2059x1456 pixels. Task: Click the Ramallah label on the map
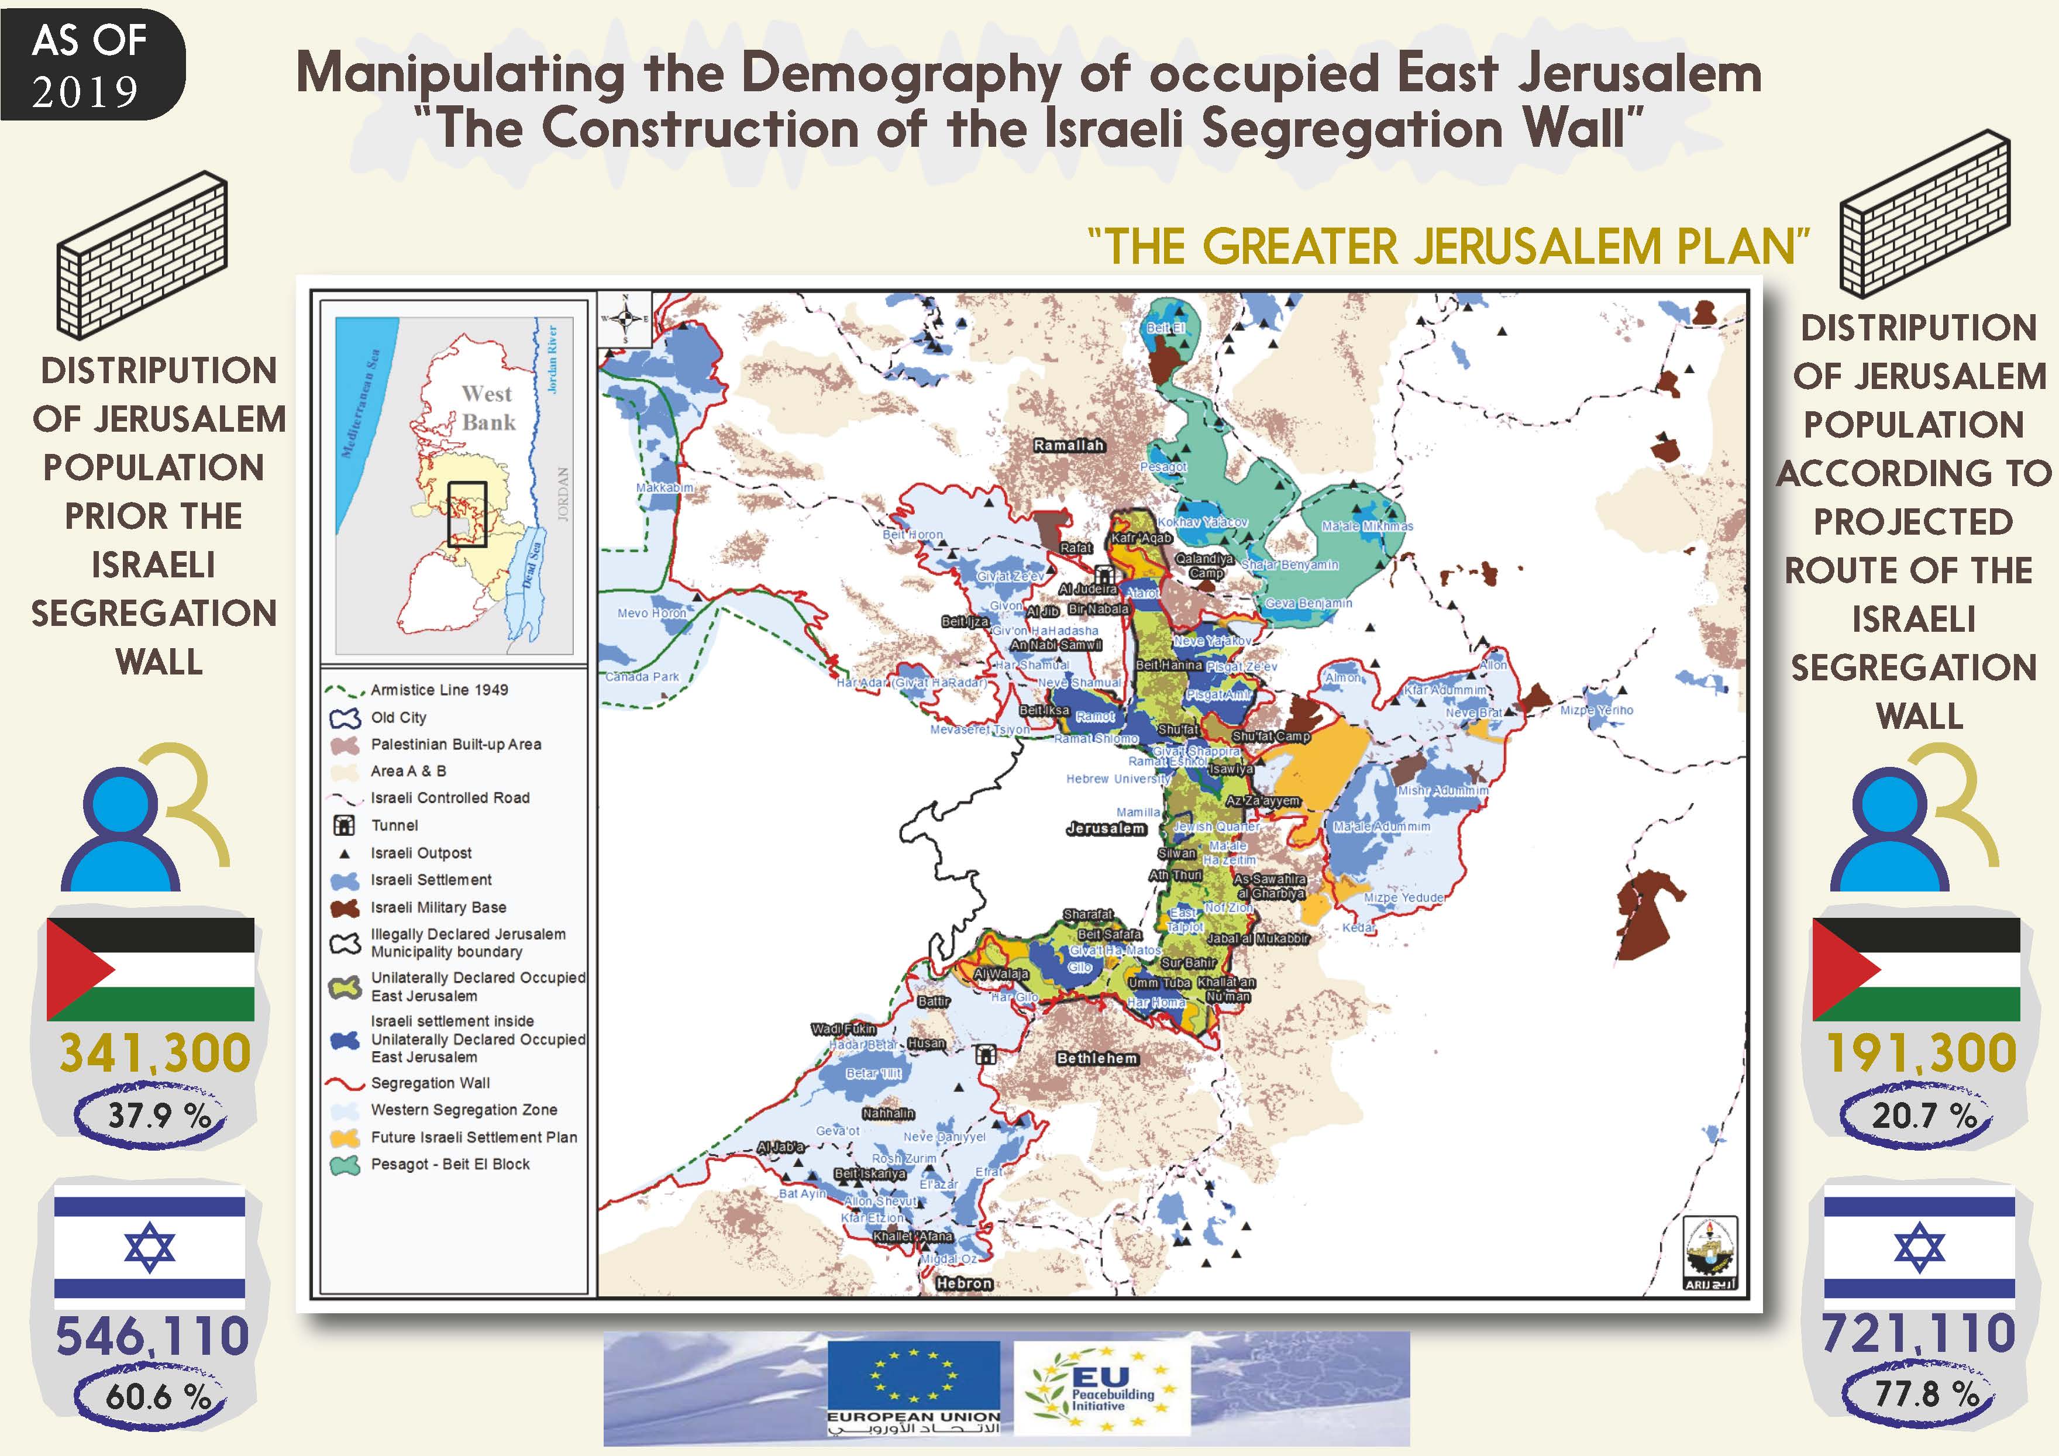point(1068,446)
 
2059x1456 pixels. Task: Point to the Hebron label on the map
point(964,1283)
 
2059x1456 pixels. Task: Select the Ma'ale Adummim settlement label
point(1381,826)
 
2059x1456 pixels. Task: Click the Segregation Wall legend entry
point(431,1083)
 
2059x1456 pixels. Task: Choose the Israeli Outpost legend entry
point(421,853)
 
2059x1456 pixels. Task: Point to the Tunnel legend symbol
point(345,825)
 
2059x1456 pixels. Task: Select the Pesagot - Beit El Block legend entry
point(450,1164)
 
